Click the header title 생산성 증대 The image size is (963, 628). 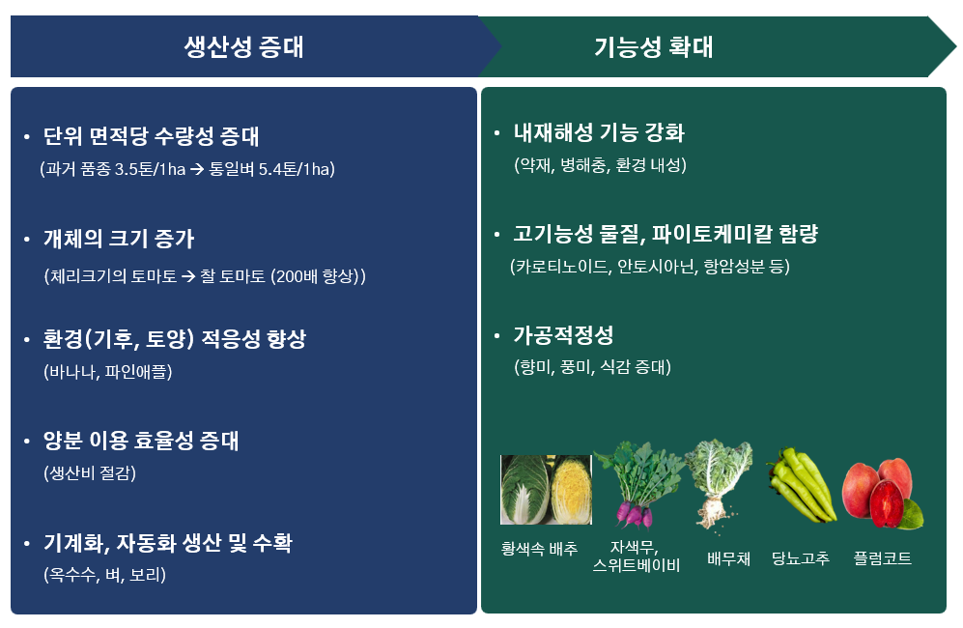click(x=243, y=46)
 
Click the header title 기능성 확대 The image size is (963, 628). click(x=654, y=46)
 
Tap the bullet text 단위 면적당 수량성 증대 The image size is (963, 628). click(x=151, y=136)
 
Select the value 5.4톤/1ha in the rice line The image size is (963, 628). click(x=295, y=169)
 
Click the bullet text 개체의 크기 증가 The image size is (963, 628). click(x=119, y=239)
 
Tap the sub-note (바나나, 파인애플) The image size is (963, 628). click(x=107, y=372)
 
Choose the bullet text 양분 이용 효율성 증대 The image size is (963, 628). click(x=141, y=440)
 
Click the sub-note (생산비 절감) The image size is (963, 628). click(x=90, y=473)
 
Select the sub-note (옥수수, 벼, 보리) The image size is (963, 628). click(x=104, y=575)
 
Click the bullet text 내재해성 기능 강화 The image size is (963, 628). click(x=599, y=132)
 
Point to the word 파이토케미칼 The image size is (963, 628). click(x=711, y=234)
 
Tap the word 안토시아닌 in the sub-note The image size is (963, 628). click(x=656, y=266)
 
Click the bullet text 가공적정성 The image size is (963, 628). click(x=563, y=335)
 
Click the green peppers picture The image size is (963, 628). click(x=802, y=485)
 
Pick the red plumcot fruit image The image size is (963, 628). click(x=883, y=494)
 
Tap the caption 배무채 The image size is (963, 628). click(x=728, y=558)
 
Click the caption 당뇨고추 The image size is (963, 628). click(x=801, y=558)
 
